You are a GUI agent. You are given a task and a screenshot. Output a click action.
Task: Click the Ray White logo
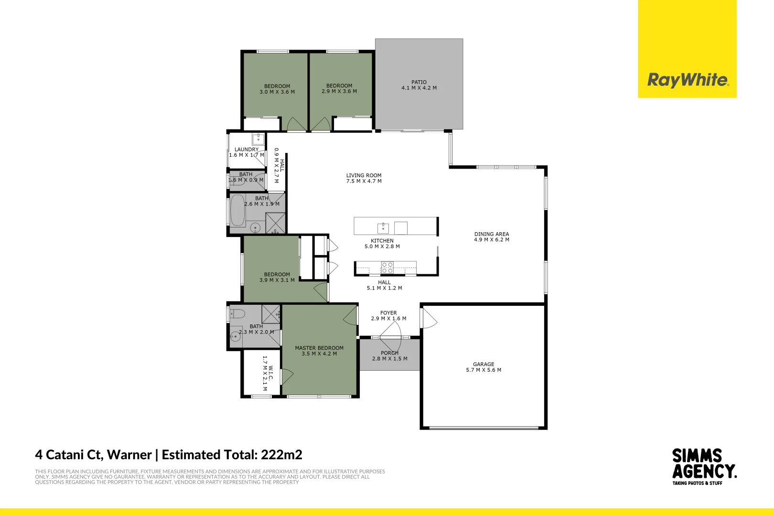(687, 80)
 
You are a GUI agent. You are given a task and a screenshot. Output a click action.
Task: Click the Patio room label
(419, 82)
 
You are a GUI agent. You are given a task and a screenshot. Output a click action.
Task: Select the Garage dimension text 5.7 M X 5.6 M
(484, 370)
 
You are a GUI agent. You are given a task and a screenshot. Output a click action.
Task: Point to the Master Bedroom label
(319, 348)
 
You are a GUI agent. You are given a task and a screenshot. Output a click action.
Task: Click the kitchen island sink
(383, 227)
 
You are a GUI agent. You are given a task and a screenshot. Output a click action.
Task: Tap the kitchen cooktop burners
(387, 268)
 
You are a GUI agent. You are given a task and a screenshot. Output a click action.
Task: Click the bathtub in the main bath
(237, 210)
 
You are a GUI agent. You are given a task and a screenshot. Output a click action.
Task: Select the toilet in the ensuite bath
(237, 314)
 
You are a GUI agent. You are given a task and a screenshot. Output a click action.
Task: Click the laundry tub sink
(258, 139)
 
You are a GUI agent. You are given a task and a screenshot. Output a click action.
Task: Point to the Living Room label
(364, 175)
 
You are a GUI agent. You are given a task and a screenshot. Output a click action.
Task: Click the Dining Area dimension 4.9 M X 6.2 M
(491, 240)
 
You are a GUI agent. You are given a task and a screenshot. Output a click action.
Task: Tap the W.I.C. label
(270, 373)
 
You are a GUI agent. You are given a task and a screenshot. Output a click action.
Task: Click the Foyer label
(388, 313)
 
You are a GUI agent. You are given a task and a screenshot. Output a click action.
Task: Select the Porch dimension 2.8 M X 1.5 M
(390, 359)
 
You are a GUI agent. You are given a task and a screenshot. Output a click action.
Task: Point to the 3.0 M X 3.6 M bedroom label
(277, 92)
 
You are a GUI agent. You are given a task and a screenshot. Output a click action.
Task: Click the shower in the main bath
(275, 223)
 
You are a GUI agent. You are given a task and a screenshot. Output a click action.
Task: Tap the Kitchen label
(382, 241)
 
